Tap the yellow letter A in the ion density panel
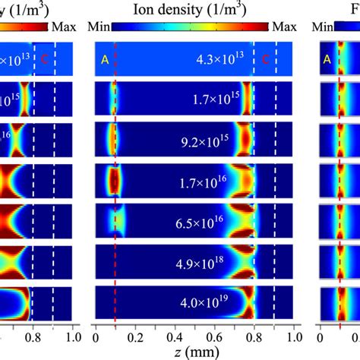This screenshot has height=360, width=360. [x=104, y=59]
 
